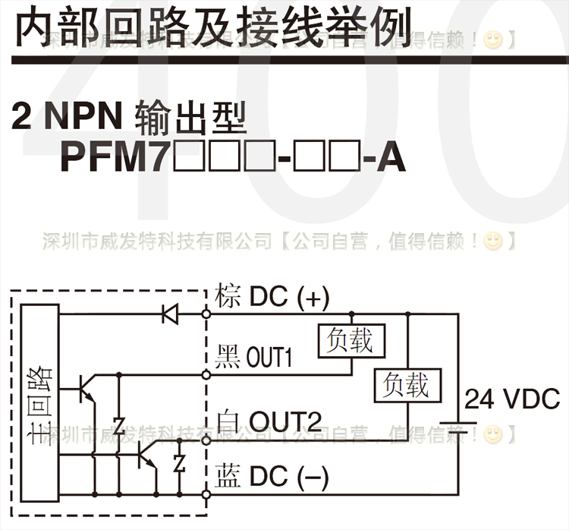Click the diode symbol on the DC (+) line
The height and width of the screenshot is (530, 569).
[168, 313]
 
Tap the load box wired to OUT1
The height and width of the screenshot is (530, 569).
[351, 341]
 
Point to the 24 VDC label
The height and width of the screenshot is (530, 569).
[511, 399]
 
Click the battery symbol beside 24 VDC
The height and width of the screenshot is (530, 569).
[457, 418]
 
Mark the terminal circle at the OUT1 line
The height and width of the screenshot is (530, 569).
[206, 374]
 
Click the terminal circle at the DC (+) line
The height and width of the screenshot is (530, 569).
[206, 313]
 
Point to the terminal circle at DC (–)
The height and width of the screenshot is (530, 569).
[206, 494]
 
